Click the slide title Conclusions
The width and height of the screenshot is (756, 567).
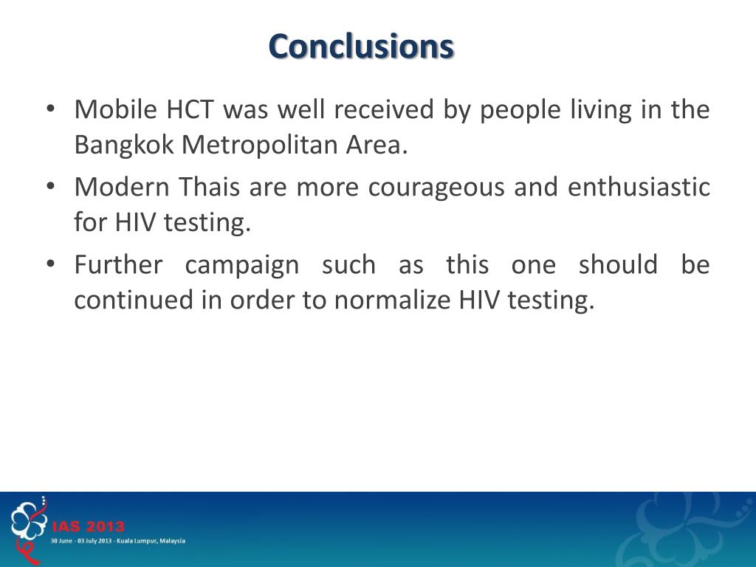coord(361,47)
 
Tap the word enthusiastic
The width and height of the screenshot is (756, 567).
coord(639,188)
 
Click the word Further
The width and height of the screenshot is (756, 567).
coord(118,265)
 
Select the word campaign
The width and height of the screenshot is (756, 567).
coord(242,265)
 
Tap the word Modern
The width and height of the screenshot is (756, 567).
coord(123,188)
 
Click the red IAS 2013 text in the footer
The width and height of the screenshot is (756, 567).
coord(88,527)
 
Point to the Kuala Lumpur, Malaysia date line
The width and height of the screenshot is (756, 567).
coord(117,540)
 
